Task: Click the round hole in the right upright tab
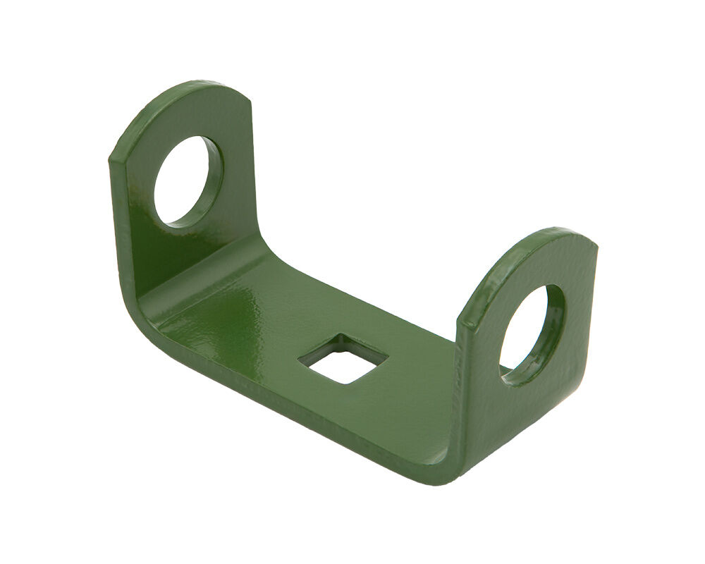527,331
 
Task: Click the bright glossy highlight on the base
233,310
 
